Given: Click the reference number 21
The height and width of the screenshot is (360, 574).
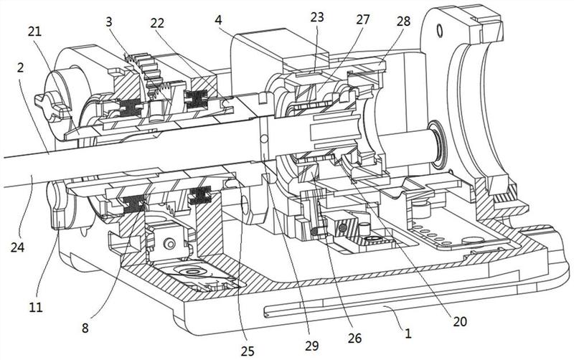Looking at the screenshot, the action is click(34, 32).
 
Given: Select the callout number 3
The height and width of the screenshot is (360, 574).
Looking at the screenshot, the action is click(109, 22).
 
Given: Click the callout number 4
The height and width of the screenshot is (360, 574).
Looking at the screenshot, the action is click(219, 19).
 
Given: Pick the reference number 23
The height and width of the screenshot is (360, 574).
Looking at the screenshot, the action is click(317, 16).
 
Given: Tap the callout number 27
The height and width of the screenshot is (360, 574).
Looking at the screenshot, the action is click(363, 19).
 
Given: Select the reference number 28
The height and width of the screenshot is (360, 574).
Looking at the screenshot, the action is click(404, 21).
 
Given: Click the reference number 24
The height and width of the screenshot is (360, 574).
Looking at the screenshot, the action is click(17, 247).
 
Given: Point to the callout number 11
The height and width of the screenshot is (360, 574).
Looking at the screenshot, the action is click(36, 307).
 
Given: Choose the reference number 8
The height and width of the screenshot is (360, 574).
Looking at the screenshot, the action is click(85, 328).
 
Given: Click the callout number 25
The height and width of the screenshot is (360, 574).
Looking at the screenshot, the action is click(248, 351).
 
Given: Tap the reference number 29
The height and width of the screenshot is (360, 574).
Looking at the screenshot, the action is click(312, 346).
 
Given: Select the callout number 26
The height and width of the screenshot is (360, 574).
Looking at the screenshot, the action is click(354, 338).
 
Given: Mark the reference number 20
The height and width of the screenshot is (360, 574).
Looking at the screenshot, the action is click(460, 321).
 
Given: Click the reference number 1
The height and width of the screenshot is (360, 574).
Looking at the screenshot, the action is click(408, 333).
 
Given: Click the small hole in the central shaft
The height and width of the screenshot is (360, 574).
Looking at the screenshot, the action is click(262, 138).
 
